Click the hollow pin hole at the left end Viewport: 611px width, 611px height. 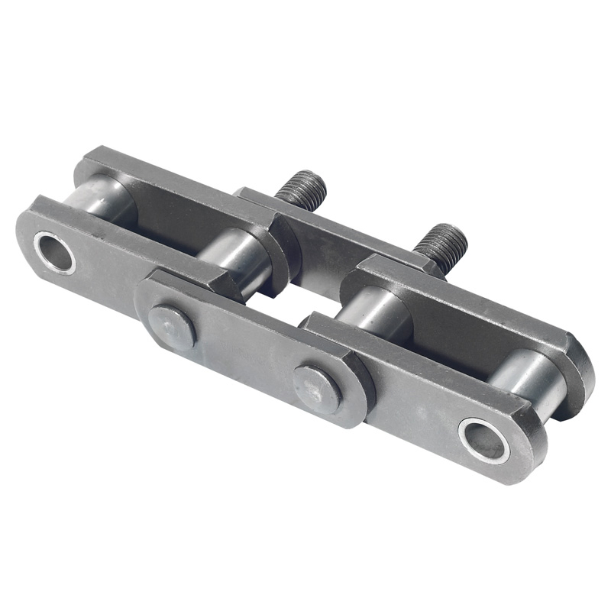[53, 252]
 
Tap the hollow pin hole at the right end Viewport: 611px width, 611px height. [483, 440]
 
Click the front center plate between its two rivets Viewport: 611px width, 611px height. [244, 355]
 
